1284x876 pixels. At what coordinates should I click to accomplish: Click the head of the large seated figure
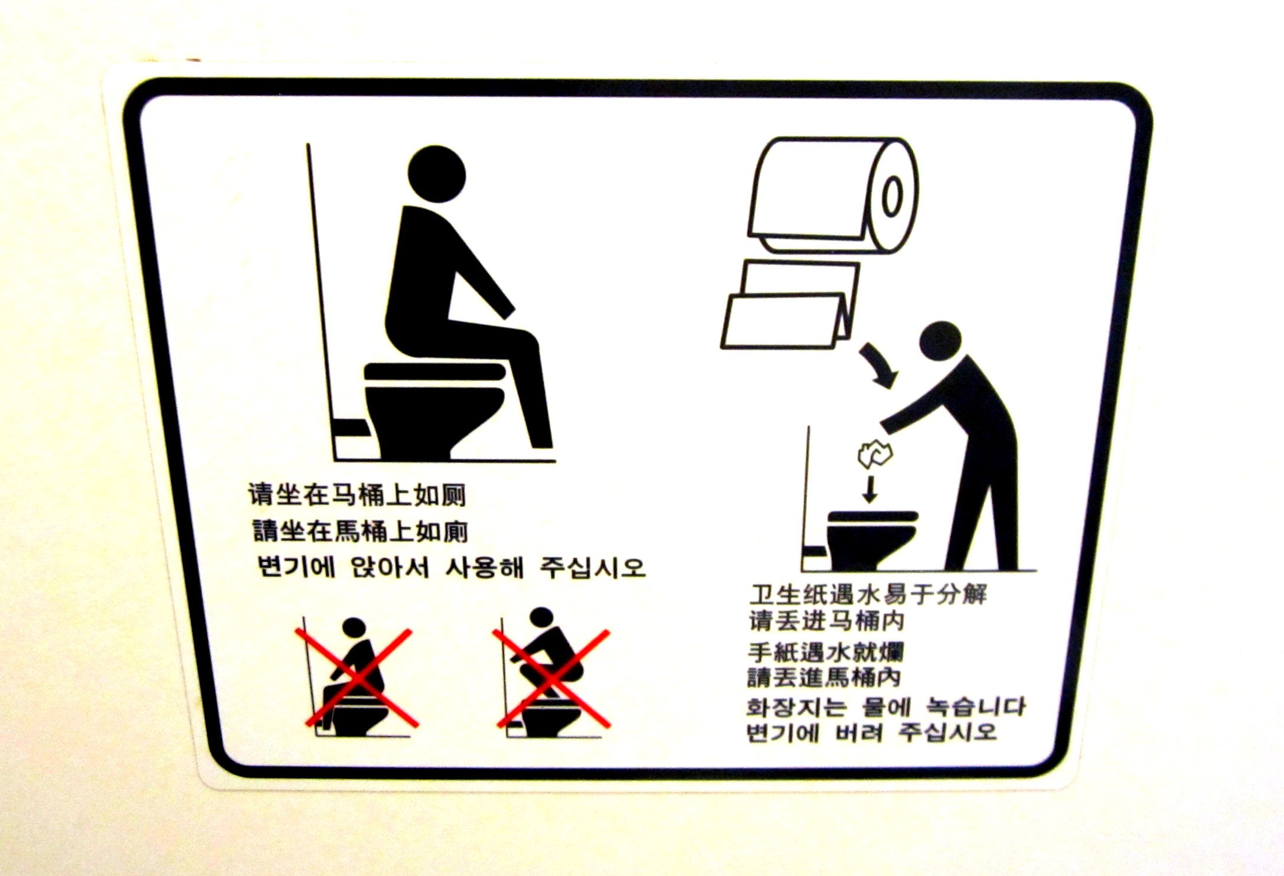coord(436,174)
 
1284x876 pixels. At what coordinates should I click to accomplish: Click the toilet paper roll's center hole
coord(892,197)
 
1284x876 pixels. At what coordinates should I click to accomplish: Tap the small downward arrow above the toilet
coord(869,489)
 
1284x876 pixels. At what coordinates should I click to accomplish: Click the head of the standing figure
coord(940,341)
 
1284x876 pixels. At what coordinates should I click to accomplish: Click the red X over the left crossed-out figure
coord(357,678)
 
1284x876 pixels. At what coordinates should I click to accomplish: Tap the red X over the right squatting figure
coord(551,678)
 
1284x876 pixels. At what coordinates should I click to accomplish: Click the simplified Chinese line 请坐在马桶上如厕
coord(357,495)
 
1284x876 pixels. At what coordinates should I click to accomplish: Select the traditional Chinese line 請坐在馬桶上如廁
coord(360,531)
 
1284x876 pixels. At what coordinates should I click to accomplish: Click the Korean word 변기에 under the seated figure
coord(297,567)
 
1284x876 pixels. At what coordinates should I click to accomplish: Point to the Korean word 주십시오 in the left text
coord(593,568)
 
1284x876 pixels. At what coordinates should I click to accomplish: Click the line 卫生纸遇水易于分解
coord(868,595)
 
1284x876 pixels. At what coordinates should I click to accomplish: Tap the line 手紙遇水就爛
coord(825,653)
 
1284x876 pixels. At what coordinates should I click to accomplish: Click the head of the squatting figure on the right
coord(541,617)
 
